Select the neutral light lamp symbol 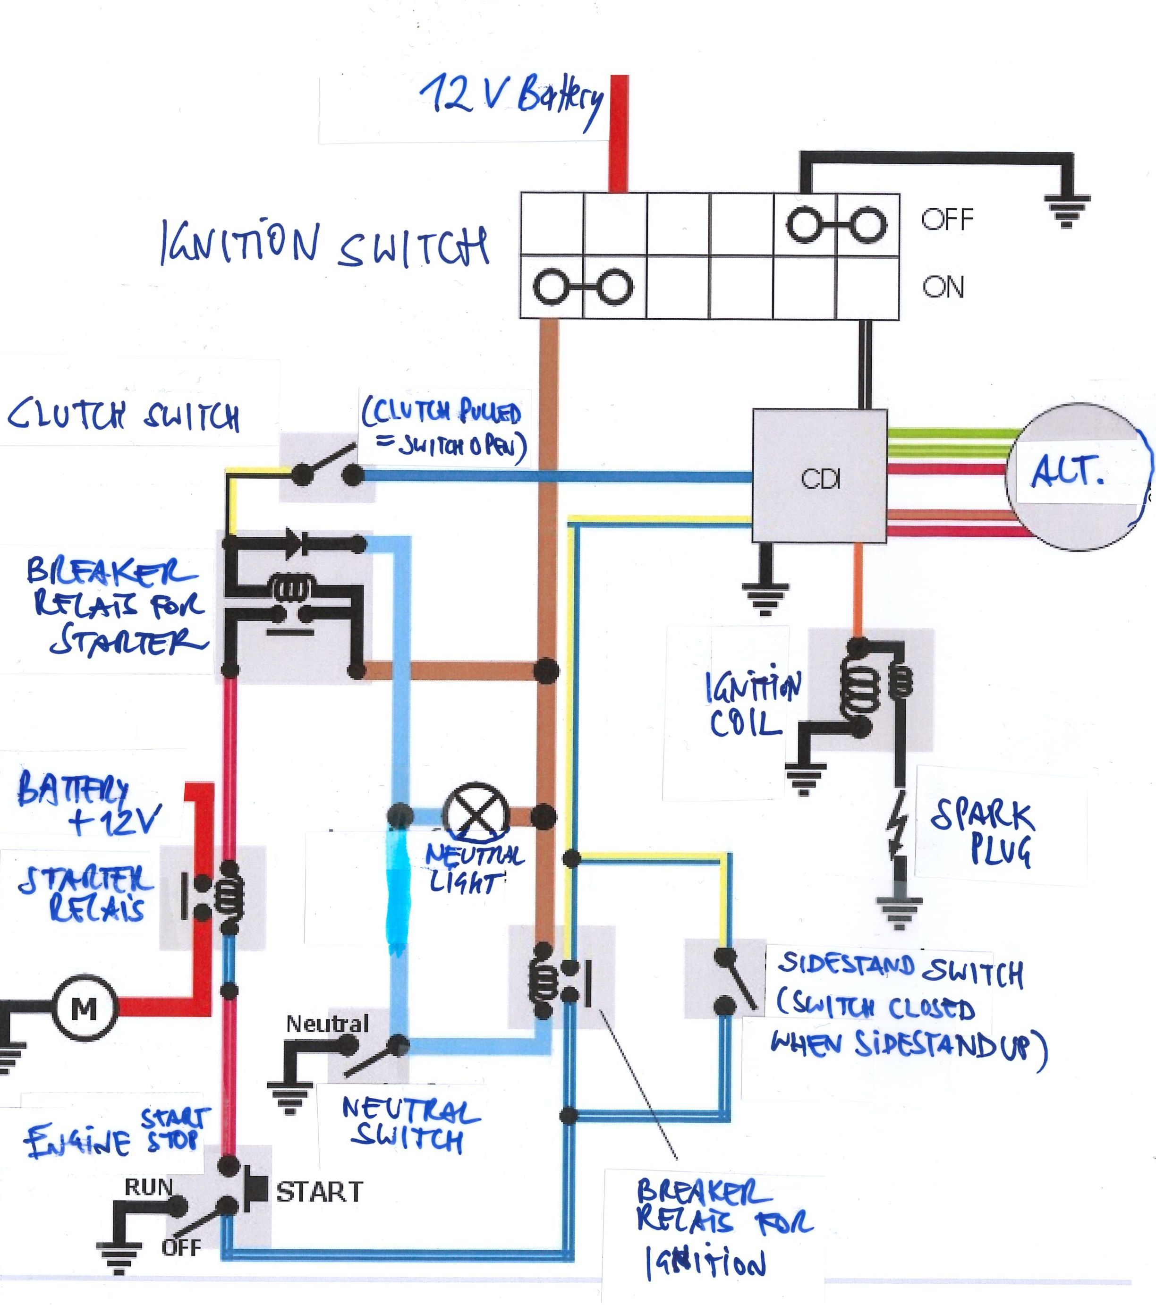pos(476,815)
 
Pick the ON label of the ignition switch pos(943,288)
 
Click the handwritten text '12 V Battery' pos(511,99)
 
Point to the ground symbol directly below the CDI pos(765,597)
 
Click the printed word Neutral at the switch pos(327,1024)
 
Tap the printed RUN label pos(148,1187)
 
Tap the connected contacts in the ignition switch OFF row pos(836,225)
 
